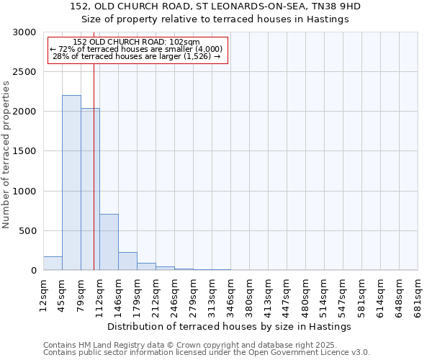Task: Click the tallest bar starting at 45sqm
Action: [71, 183]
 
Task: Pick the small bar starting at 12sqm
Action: [53, 264]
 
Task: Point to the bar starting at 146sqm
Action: [127, 261]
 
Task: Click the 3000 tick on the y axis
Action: [24, 32]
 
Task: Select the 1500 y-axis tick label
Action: [24, 151]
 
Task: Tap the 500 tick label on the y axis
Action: [27, 231]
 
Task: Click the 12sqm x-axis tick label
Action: [44, 294]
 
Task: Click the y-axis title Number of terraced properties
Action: [6, 155]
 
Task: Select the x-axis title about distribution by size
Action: [230, 326]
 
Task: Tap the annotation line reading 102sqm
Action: [137, 42]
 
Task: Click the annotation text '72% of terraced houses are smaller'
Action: [137, 49]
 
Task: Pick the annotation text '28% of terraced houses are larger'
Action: [137, 56]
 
